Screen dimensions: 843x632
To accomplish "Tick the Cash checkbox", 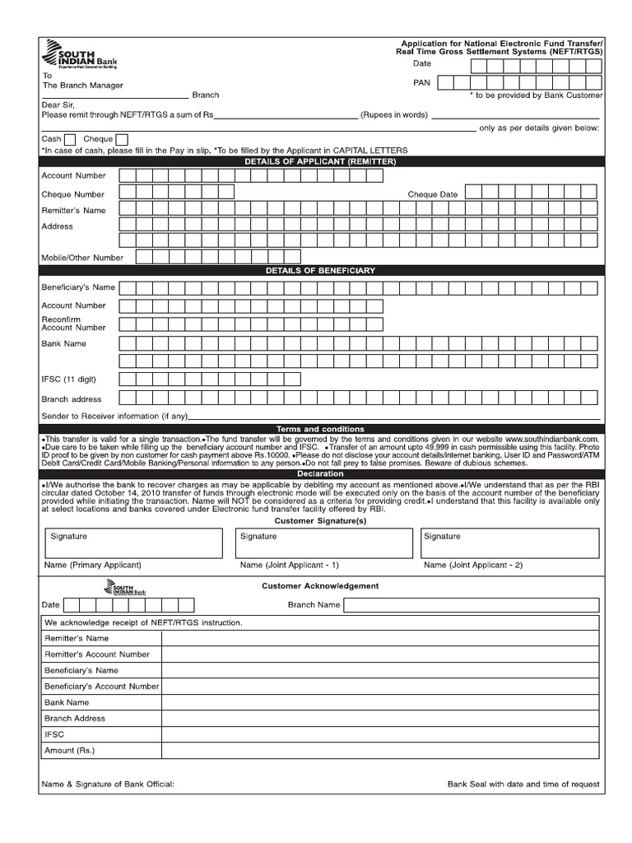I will coord(70,139).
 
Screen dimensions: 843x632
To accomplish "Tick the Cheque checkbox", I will coord(122,139).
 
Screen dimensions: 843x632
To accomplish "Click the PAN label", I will coord(421,83).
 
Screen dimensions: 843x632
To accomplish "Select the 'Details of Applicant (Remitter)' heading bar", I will coord(320,162).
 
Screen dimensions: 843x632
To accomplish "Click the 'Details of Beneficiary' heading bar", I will coord(320,271).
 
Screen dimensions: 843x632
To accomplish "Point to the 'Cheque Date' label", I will coord(433,194).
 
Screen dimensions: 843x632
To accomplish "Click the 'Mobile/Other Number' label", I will coord(82,258).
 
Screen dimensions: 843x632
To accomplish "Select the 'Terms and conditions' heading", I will coord(320,430).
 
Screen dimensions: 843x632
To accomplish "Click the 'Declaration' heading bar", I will coord(320,474).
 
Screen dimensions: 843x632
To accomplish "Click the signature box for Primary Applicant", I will coord(132,543).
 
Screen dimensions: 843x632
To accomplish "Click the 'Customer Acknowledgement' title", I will coord(320,586).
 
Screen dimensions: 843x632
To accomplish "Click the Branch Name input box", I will coord(472,605).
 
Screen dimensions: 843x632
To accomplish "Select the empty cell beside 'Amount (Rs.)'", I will coord(380,751).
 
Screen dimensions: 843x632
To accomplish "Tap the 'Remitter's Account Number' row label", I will coord(97,654).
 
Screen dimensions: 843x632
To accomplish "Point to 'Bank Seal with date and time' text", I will coord(523,785).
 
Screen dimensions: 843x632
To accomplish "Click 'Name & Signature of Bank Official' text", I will coord(108,785).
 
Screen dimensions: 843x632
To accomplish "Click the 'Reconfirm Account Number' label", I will coord(74,323).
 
